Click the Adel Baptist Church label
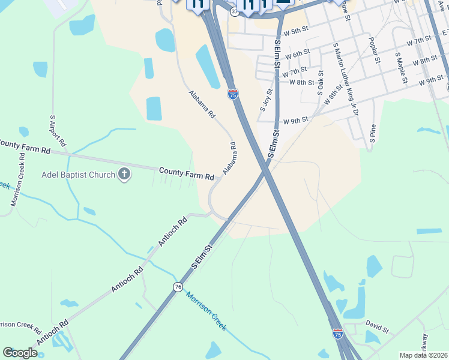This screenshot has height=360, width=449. (77, 175)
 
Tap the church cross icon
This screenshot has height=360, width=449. (124, 175)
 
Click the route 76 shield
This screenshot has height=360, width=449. (178, 287)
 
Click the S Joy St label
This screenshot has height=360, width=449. (266, 100)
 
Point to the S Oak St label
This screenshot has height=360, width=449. (320, 83)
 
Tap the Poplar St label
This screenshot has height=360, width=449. (374, 50)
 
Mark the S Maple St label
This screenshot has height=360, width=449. (400, 67)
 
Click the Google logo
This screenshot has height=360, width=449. (20, 353)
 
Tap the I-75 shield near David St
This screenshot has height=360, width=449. (337, 333)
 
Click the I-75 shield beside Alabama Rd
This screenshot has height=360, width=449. (232, 94)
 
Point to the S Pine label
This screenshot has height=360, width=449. (373, 132)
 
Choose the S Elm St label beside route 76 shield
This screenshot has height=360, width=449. (201, 257)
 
